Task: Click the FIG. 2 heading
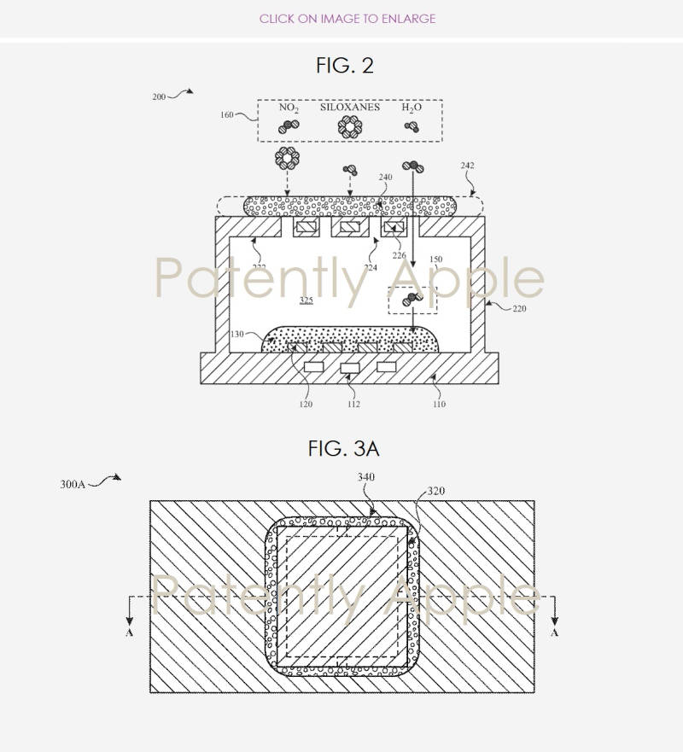point(344,66)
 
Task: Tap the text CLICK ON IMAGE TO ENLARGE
point(347,18)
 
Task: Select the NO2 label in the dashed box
point(289,108)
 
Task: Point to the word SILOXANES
point(349,108)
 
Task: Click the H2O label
point(412,108)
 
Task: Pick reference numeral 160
point(227,114)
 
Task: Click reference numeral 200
point(159,97)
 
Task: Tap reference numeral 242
point(467,166)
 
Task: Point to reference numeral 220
point(519,309)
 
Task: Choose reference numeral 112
point(353,404)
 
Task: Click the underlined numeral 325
point(306,300)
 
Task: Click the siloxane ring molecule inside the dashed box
point(349,126)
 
